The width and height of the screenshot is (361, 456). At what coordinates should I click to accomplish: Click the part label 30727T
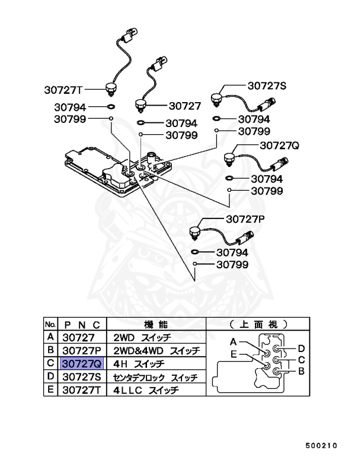point(63,90)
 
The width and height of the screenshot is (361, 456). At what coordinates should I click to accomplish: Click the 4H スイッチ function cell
point(139,363)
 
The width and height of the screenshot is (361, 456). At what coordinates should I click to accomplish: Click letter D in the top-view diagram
point(301,348)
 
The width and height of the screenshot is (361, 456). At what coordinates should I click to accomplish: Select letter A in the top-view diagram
point(234,342)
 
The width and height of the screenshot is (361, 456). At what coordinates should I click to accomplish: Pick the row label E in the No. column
point(51,390)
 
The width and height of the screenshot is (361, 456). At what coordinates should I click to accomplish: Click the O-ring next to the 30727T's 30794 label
point(111,108)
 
